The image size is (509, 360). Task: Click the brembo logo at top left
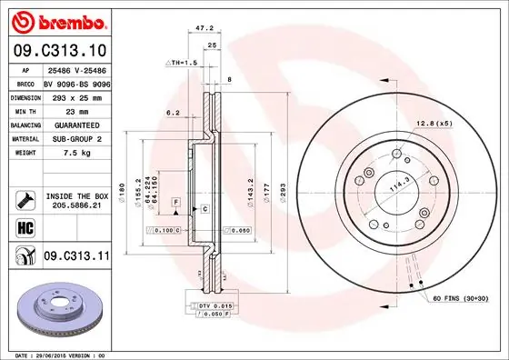pyautogui.click(x=56, y=21)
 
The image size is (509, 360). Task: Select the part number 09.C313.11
pyautogui.click(x=75, y=257)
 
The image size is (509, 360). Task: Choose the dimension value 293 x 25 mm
pyautogui.click(x=75, y=96)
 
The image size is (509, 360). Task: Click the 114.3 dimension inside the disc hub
pyautogui.click(x=396, y=186)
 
